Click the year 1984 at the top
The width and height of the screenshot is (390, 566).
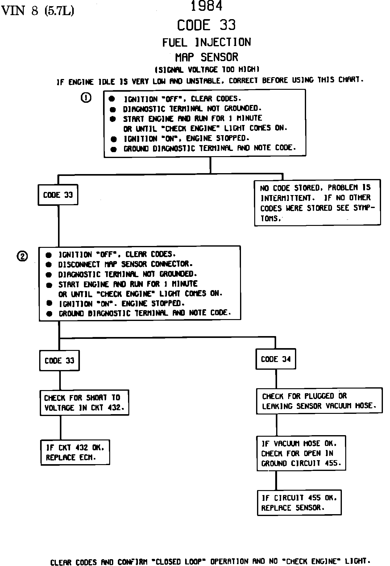click(x=207, y=6)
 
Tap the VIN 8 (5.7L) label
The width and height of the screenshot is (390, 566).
click(x=38, y=11)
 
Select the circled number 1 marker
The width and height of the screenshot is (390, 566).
click(x=86, y=98)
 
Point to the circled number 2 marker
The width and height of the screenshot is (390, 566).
click(x=22, y=256)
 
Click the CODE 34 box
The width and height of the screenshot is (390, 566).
click(x=276, y=359)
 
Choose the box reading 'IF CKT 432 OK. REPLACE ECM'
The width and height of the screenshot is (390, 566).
click(x=75, y=452)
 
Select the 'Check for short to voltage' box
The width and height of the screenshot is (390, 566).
click(x=84, y=403)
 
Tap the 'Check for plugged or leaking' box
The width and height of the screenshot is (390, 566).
click(x=319, y=401)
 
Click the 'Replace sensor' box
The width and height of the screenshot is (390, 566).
click(x=299, y=502)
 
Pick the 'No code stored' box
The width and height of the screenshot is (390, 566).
click(x=317, y=202)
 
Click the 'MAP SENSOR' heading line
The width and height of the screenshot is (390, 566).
click(x=207, y=57)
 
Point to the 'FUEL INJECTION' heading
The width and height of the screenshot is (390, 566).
click(x=207, y=42)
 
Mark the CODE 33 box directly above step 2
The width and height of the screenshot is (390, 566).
click(x=58, y=195)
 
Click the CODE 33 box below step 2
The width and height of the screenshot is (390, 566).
click(x=59, y=360)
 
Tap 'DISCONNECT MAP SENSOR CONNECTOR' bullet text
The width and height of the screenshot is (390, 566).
click(x=125, y=264)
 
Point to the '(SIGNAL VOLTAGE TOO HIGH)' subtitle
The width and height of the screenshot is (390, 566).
click(x=207, y=69)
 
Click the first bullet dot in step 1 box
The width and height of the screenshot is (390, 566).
click(x=112, y=99)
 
